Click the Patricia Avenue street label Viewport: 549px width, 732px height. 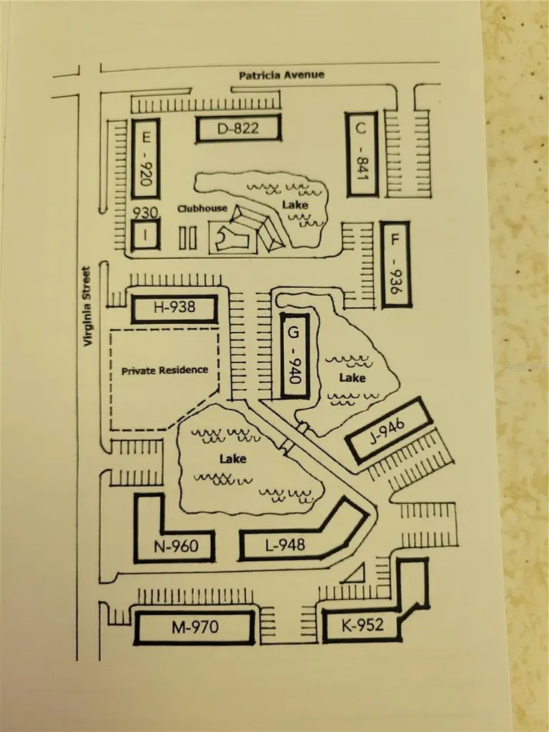coord(281,74)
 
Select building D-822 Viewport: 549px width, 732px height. coord(238,129)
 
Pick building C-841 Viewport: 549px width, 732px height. coord(361,154)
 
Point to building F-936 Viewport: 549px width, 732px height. coord(395,264)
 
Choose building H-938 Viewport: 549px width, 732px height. coord(174,309)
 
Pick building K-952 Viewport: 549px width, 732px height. coord(362,625)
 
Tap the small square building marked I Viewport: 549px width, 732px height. coord(144,235)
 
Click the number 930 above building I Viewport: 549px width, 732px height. coord(145,213)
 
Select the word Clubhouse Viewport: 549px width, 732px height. coord(202,209)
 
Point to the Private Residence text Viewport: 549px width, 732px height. coord(164,370)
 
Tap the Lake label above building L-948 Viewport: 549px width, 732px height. coord(234,458)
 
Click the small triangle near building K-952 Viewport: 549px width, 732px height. coord(355,573)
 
